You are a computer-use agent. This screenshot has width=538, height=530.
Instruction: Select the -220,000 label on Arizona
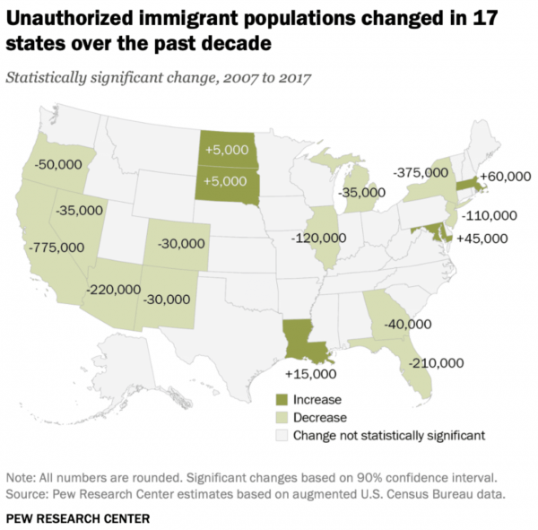(114, 290)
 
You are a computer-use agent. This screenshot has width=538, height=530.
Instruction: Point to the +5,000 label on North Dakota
(225, 151)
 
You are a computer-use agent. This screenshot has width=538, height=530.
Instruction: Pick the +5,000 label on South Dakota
(225, 179)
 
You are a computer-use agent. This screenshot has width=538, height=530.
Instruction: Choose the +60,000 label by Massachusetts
(505, 178)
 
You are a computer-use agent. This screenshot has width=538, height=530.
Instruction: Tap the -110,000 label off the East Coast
(487, 215)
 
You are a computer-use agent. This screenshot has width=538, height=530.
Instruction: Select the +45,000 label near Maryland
(482, 239)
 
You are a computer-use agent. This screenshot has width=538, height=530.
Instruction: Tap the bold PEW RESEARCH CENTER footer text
(78, 517)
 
